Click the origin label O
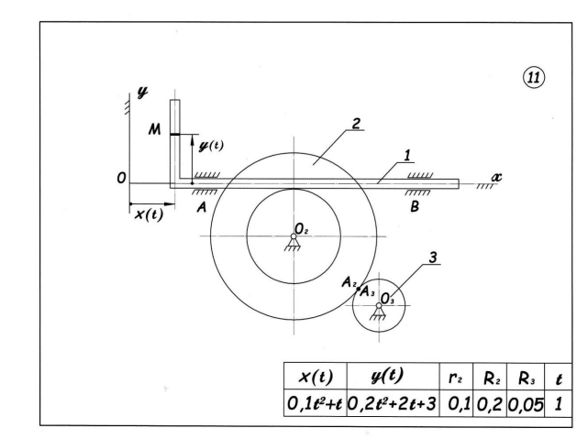122,179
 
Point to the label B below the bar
416,208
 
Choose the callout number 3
431,258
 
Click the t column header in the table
560,376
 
